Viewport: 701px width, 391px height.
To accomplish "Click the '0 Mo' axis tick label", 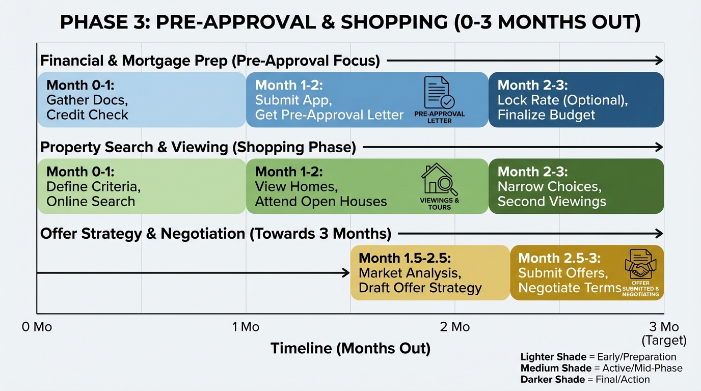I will (37, 327).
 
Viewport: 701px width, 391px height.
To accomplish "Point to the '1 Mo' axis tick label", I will (246, 327).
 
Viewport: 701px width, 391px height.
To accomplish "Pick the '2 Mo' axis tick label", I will (455, 327).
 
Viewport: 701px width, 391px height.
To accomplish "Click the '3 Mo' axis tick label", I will (664, 327).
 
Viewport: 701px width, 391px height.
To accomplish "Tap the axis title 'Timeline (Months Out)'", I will (350, 349).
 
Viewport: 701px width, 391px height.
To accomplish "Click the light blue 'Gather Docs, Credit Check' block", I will (141, 100).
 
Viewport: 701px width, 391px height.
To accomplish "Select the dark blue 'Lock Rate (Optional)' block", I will (576, 100).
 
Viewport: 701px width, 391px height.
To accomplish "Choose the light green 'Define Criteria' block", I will (141, 186).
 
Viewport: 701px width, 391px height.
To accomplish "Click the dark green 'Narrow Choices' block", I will (576, 186).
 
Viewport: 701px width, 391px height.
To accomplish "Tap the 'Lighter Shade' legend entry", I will (598, 357).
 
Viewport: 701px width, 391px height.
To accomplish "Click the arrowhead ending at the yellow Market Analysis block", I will (346, 273).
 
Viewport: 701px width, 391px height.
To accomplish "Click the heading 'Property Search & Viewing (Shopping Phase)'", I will (198, 147).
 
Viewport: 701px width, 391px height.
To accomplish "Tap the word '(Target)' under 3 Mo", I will (664, 340).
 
